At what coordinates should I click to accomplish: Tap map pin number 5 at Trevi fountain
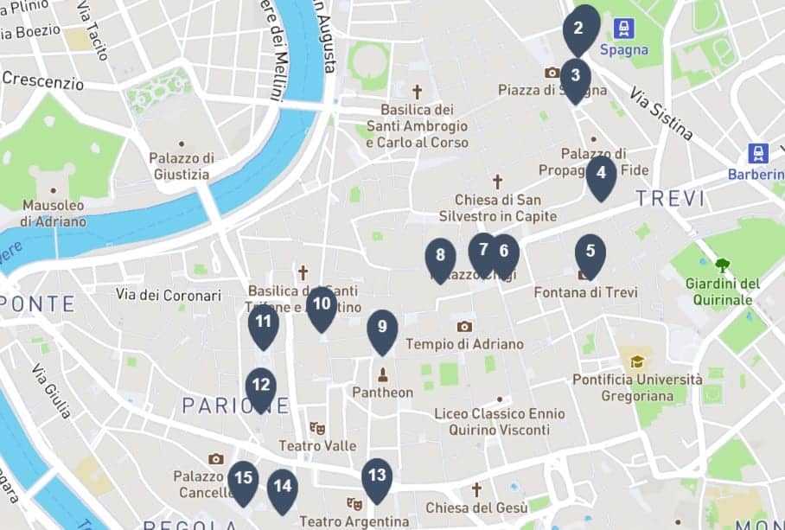click(x=590, y=252)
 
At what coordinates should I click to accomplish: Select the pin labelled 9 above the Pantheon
click(x=382, y=329)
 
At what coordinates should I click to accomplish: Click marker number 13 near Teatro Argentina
click(x=377, y=476)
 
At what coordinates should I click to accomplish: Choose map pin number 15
click(x=243, y=478)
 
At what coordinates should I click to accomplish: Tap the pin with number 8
click(x=440, y=256)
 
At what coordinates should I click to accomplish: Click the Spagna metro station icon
click(x=623, y=29)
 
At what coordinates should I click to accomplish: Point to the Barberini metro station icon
click(x=758, y=154)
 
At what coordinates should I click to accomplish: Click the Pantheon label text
click(x=382, y=393)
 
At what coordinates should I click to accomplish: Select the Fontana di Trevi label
click(x=585, y=292)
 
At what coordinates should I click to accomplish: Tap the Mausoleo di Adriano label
click(x=54, y=213)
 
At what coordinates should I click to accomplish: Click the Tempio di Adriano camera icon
click(x=464, y=326)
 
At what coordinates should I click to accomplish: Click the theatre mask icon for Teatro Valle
click(x=317, y=427)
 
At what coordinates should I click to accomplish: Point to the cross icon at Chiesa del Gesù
click(x=475, y=489)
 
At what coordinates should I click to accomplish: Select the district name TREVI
click(x=670, y=199)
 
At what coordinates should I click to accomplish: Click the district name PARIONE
click(x=223, y=405)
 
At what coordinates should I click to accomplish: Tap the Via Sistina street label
click(x=661, y=113)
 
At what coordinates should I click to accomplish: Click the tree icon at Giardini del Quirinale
click(x=722, y=265)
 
